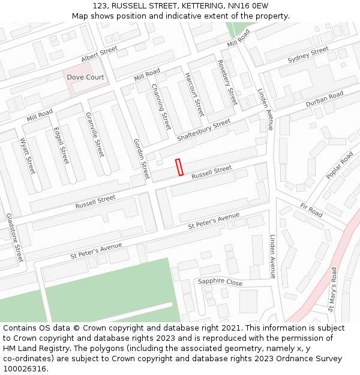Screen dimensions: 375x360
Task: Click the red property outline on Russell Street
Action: tap(179, 167)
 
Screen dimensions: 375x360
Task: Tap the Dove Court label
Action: tap(85, 77)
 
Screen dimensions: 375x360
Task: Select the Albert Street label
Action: tap(100, 55)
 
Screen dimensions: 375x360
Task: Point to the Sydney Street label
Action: tap(308, 55)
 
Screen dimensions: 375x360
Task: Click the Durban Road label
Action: tap(324, 100)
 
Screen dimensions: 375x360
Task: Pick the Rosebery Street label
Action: tap(227, 83)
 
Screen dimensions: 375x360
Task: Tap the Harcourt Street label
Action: tap(194, 94)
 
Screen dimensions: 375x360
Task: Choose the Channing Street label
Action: tap(161, 107)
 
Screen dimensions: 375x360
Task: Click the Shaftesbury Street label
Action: tap(204, 130)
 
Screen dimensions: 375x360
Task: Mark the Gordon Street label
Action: tap(140, 158)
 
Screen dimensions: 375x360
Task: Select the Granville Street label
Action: tap(95, 134)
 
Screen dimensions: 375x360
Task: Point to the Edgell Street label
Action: tap(61, 145)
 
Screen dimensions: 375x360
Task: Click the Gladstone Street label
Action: tap(14, 238)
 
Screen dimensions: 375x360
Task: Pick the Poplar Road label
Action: tap(340, 166)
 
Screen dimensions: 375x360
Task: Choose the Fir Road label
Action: tap(311, 211)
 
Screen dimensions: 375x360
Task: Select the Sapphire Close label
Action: tap(220, 282)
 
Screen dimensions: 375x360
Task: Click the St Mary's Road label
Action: tap(332, 290)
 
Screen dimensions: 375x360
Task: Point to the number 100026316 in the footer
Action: tap(24, 368)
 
